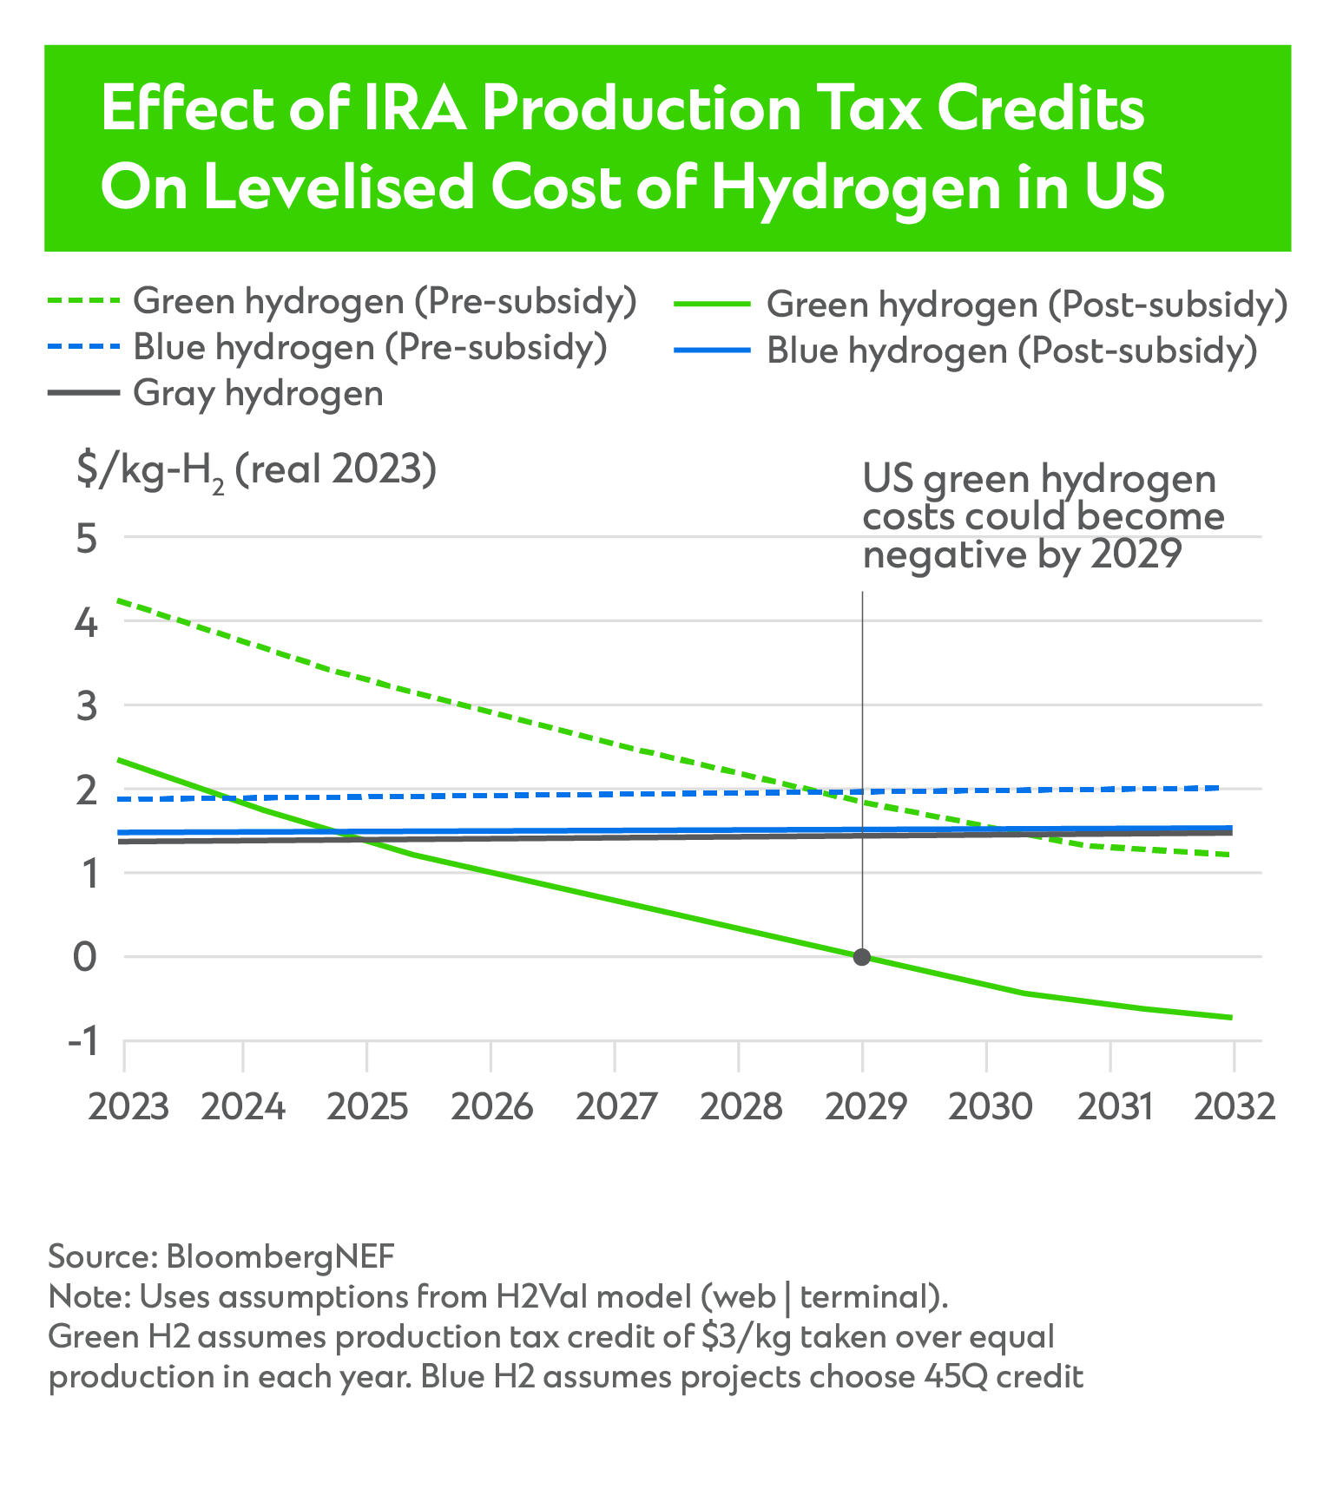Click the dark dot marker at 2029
[x=861, y=957]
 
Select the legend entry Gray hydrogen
[x=258, y=393]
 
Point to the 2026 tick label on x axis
[x=491, y=1107]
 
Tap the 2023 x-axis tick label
[x=128, y=1107]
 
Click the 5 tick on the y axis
[x=85, y=539]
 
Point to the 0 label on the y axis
[x=85, y=958]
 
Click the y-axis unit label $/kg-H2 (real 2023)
[x=256, y=471]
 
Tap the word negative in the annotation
[x=940, y=554]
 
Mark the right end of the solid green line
[x=1232, y=1018]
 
